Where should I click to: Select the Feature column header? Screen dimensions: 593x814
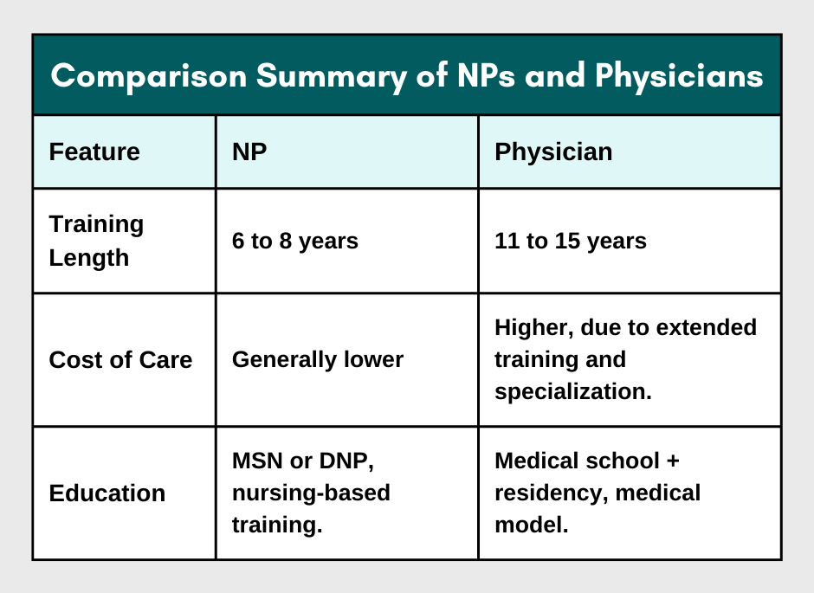pyautogui.click(x=94, y=151)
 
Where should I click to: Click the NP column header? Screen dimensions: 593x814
pyautogui.click(x=249, y=151)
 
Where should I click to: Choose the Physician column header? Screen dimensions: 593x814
pyautogui.click(x=553, y=151)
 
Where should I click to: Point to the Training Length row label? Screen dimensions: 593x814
pyautogui.click(x=96, y=241)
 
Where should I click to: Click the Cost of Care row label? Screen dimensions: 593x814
pyautogui.click(x=120, y=359)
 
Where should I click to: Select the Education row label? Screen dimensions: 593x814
pyautogui.click(x=107, y=493)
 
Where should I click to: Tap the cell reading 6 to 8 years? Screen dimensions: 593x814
pyautogui.click(x=295, y=241)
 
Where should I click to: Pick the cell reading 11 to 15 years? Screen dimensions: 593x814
pyautogui.click(x=571, y=241)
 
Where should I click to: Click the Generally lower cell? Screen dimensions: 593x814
pyautogui.click(x=318, y=359)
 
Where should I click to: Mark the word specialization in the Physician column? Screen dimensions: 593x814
pyautogui.click(x=572, y=391)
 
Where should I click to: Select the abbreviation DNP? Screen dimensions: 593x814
pyautogui.click(x=342, y=461)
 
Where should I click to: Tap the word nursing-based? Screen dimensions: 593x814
pyautogui.click(x=311, y=493)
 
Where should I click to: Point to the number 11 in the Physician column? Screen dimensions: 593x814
pyautogui.click(x=506, y=241)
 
